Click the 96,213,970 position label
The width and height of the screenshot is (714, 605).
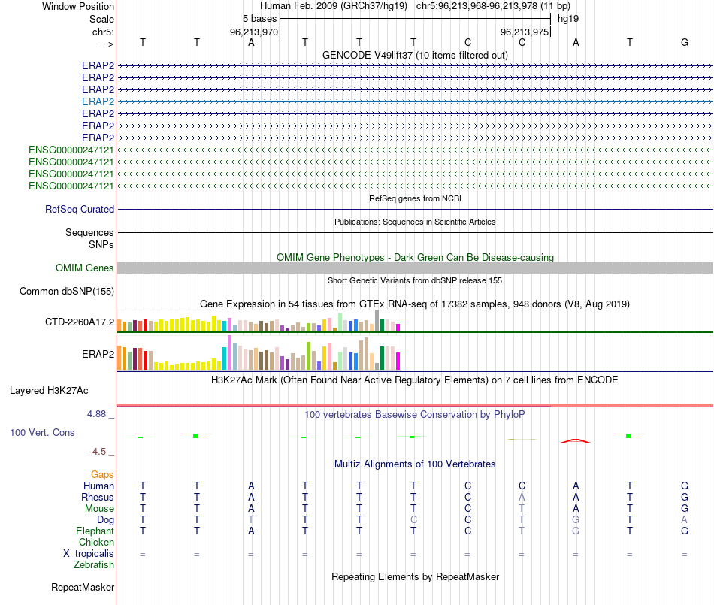(x=254, y=32)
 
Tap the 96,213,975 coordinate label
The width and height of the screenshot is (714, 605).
(x=523, y=32)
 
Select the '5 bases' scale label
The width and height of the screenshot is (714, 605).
(x=259, y=18)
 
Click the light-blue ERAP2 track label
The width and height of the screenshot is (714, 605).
(x=98, y=101)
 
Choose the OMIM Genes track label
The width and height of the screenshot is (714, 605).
(x=85, y=268)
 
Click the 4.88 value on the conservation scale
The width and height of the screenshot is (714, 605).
(x=100, y=413)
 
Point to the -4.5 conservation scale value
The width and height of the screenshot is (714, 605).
(x=100, y=452)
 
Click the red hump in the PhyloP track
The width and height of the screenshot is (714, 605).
(x=575, y=440)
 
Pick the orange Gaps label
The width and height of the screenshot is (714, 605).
(x=102, y=475)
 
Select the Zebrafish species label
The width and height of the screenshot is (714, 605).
(x=94, y=565)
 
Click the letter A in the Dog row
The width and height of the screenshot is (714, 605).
(x=684, y=520)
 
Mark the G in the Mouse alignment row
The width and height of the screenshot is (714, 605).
(x=684, y=509)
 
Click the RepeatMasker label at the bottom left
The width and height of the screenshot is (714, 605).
(x=83, y=587)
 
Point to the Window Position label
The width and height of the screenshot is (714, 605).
(x=78, y=6)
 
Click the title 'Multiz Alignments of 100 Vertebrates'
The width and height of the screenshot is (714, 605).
(x=415, y=464)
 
